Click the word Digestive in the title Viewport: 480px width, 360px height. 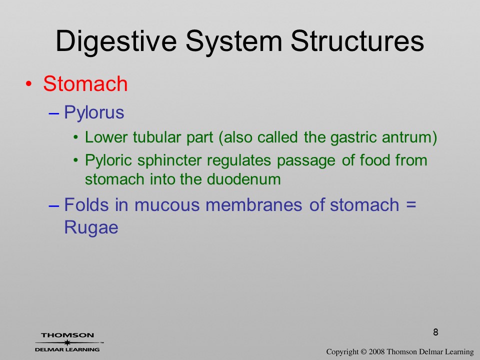pos(116,42)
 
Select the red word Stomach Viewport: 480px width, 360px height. pos(85,83)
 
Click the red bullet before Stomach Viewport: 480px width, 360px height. pos(28,84)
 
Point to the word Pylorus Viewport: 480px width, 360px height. pos(94,112)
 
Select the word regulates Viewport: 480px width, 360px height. pos(239,160)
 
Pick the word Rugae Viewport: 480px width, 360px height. pos(91,228)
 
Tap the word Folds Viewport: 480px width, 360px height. pos(86,204)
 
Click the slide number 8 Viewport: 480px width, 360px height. pos(435,332)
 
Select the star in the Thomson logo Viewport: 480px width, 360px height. pos(67,342)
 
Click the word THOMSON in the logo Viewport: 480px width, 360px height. pos(67,335)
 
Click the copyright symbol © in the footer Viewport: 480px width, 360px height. pos(363,352)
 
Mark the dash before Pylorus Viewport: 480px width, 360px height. pos(53,113)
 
